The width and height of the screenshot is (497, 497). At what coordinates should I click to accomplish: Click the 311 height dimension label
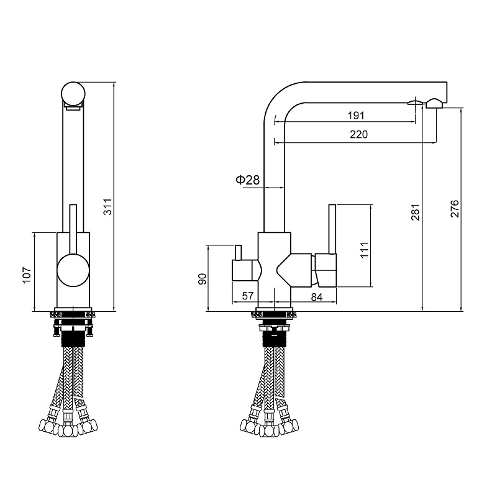(x=108, y=207)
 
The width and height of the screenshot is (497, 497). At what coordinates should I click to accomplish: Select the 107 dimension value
(x=27, y=275)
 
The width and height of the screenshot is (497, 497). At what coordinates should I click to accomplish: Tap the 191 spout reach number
(x=356, y=116)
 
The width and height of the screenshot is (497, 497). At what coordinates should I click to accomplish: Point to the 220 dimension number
(x=359, y=134)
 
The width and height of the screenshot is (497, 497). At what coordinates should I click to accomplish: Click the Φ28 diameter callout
(x=247, y=180)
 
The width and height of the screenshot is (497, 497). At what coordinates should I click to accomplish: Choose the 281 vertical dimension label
(x=416, y=212)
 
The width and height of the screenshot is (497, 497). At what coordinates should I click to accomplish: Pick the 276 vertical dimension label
(x=455, y=209)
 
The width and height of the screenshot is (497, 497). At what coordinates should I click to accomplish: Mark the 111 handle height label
(x=365, y=250)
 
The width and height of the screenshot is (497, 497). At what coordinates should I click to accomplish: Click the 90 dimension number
(x=203, y=279)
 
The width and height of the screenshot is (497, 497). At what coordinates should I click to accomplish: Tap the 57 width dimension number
(x=247, y=296)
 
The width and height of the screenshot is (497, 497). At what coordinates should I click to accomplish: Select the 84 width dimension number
(x=317, y=297)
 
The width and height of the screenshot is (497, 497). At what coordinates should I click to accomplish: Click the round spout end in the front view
(x=73, y=93)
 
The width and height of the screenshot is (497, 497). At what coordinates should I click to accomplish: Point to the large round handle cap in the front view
(x=73, y=270)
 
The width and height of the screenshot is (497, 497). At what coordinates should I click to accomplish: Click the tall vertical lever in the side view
(x=332, y=229)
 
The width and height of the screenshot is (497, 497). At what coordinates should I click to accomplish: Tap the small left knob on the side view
(x=237, y=253)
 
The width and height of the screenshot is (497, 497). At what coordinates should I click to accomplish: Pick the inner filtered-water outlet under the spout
(x=415, y=103)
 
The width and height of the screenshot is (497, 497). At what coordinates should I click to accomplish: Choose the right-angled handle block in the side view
(x=326, y=270)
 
